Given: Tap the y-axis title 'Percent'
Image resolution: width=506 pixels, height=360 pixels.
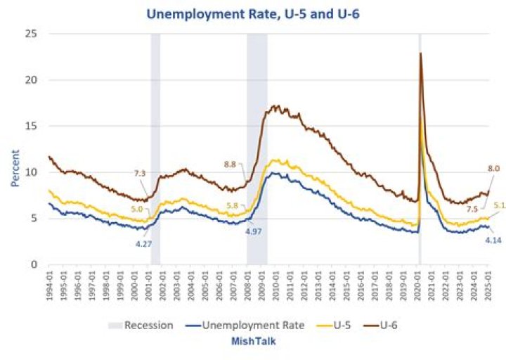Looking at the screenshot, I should tap(15, 166).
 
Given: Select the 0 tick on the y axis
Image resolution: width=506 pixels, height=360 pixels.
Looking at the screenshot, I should tap(34, 264).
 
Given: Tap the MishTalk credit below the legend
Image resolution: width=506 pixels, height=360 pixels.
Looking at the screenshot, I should tap(253, 341).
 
